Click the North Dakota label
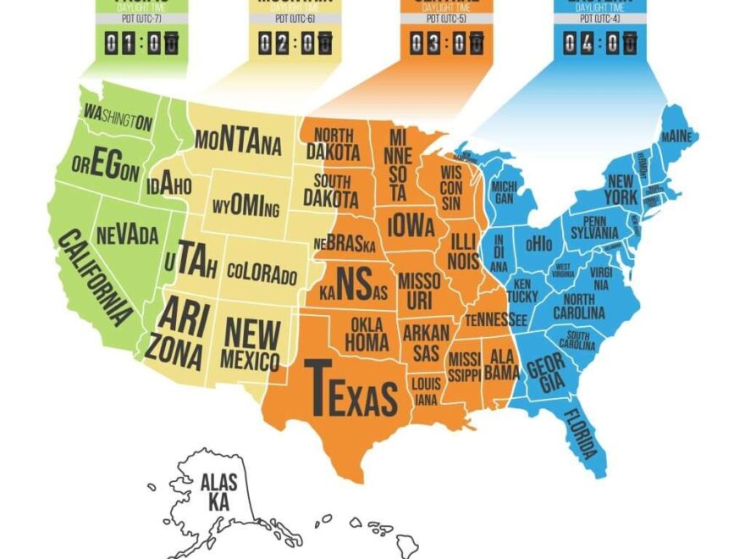point(330,144)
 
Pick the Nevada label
point(127,235)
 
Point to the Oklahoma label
point(367,335)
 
